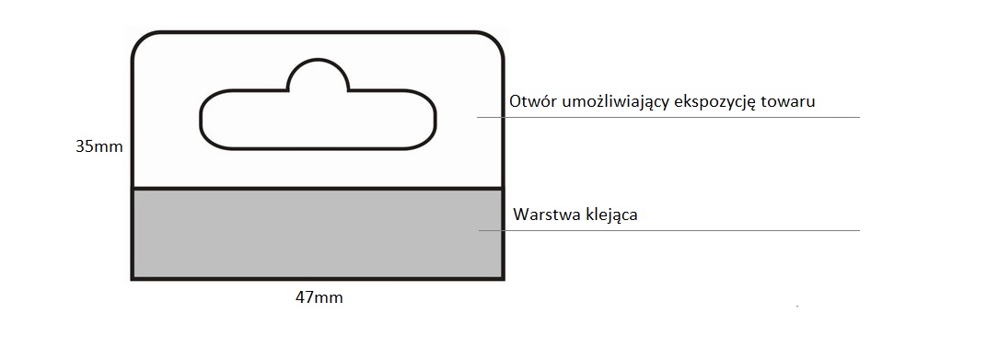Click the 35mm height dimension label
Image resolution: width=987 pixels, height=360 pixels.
click(99, 145)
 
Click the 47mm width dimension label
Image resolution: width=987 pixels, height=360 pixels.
click(318, 297)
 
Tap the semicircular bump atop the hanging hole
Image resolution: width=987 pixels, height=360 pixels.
click(319, 75)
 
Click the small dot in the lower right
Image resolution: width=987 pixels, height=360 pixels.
click(796, 303)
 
